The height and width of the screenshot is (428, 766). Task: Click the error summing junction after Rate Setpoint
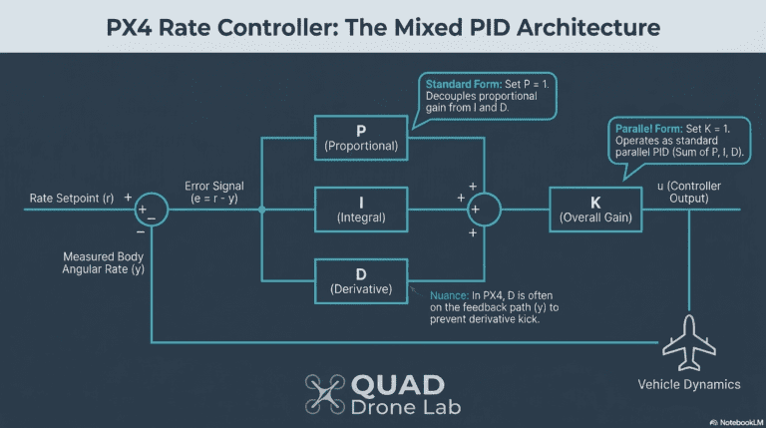click(x=151, y=210)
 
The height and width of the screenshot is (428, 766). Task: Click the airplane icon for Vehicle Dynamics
click(x=689, y=342)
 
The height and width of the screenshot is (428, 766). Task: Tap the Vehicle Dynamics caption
click(x=688, y=384)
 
